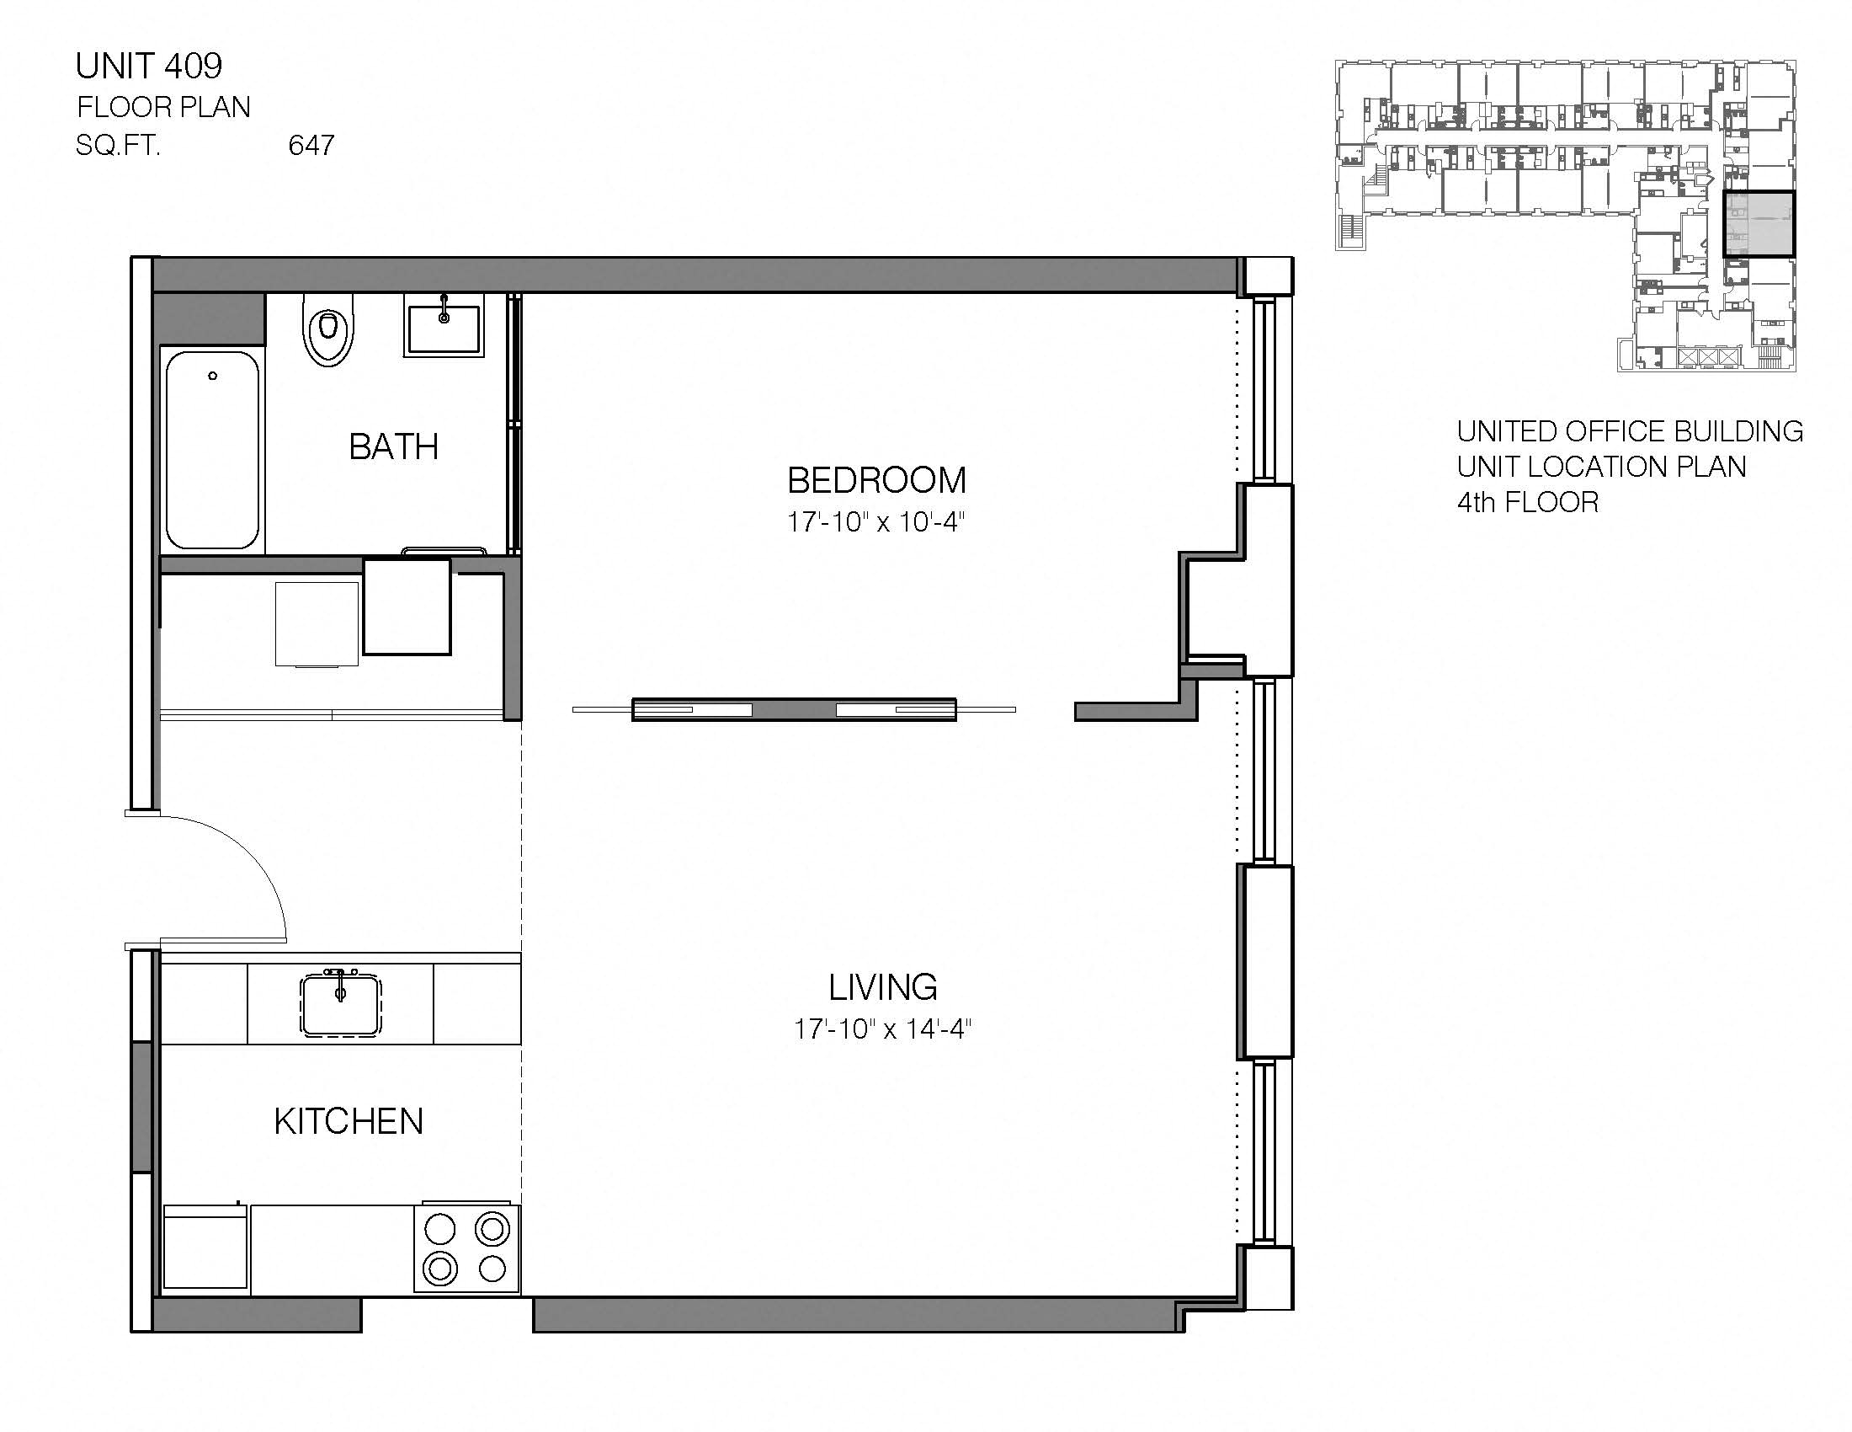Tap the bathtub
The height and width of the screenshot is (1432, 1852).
tap(212, 450)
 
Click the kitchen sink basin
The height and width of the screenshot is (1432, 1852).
tap(341, 1005)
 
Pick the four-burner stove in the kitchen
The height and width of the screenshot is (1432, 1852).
tap(466, 1248)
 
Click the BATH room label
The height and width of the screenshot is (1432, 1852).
tap(393, 447)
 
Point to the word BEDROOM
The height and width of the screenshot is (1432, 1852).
tap(876, 481)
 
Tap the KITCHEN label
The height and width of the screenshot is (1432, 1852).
tap(349, 1121)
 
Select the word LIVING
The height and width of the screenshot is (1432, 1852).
tap(883, 987)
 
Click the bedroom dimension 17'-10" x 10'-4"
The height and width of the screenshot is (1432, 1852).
tap(876, 521)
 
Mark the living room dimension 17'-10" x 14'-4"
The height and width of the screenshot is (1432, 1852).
tap(882, 1029)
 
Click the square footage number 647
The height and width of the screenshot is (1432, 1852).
tap(311, 146)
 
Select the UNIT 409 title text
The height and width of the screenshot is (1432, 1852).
tap(149, 66)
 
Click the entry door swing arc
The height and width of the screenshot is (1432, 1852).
tap(254, 857)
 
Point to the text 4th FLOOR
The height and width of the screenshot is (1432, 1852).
tap(1527, 502)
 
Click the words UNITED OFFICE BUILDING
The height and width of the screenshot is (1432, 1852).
tap(1629, 431)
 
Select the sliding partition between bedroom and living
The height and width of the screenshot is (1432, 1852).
tap(794, 709)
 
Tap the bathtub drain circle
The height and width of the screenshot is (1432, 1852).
tap(213, 376)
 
